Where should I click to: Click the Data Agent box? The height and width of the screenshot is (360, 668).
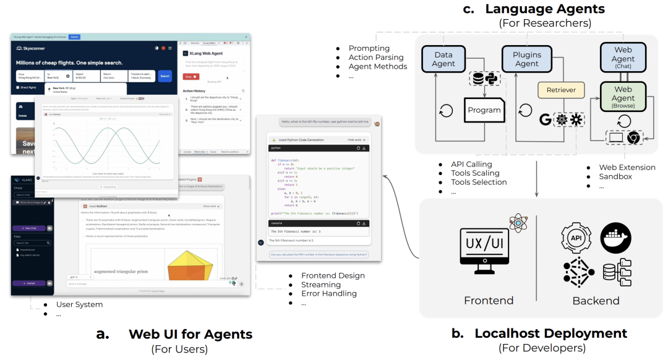[443, 59]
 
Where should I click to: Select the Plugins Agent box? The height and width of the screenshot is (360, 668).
[526, 59]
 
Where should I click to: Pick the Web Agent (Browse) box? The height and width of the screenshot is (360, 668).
[623, 98]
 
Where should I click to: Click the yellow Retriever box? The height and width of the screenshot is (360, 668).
[561, 90]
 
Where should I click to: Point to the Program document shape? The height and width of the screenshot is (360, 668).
[484, 110]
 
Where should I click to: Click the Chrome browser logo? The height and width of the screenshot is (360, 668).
[632, 137]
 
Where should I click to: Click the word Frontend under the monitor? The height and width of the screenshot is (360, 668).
[489, 301]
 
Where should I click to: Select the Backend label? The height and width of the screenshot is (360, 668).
[596, 301]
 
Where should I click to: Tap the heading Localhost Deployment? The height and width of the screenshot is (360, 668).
[550, 333]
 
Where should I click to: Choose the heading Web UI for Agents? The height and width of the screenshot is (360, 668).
[191, 335]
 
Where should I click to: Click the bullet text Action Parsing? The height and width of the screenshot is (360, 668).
[376, 58]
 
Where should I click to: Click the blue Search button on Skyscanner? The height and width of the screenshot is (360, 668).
[165, 77]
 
